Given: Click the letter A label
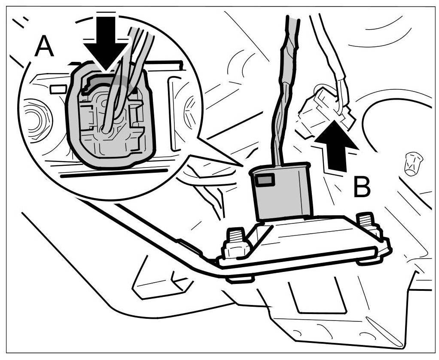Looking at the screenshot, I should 44,46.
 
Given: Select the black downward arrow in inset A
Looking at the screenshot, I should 105,43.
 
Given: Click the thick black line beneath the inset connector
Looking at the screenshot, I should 114,173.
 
